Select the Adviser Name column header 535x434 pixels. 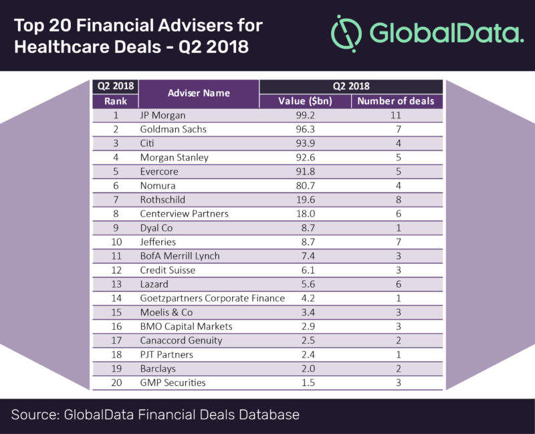pos(199,93)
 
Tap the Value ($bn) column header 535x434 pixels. pos(305,101)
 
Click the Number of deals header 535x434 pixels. pos(395,101)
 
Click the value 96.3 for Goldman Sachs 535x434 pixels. pos(304,129)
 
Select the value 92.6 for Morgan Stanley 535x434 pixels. pos(304,157)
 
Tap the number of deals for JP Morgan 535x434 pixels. pos(395,115)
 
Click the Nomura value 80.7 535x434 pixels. pos(304,185)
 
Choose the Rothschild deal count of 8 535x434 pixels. pos(395,199)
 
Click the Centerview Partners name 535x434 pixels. pos(185,213)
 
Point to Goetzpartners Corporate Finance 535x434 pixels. pos(213,298)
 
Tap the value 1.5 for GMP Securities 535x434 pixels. pos(304,382)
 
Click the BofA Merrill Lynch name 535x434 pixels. pos(180,255)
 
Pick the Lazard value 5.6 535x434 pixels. pos(304,284)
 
